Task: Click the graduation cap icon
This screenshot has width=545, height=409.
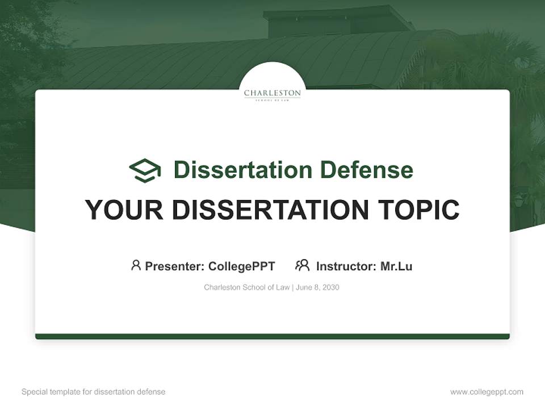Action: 145,170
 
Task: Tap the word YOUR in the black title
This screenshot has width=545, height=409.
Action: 123,210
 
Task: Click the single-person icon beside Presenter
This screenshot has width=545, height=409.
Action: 136,265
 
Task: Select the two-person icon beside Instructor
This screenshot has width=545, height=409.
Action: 303,265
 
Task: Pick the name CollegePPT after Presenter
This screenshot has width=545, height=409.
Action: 242,266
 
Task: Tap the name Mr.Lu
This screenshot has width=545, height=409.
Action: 396,266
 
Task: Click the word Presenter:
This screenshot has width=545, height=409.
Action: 175,266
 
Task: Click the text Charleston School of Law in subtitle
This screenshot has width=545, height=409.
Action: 247,287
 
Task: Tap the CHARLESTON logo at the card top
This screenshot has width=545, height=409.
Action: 272,94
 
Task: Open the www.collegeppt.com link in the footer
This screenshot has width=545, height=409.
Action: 487,392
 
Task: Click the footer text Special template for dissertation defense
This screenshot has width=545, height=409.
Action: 94,392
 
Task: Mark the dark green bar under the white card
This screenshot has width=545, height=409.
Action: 272,336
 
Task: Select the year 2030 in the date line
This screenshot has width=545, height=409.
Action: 330,287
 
